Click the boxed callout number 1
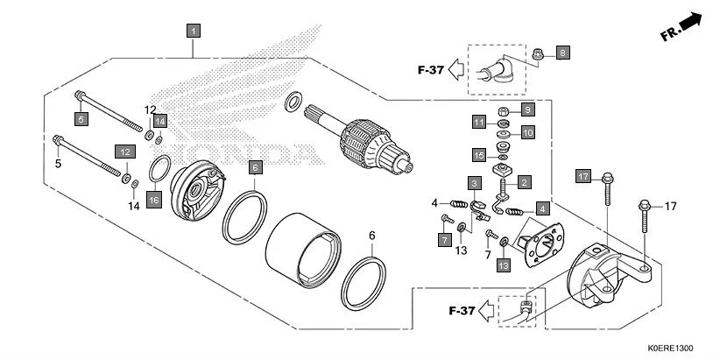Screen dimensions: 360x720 [x=194, y=31]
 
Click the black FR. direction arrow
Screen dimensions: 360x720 [x=692, y=22]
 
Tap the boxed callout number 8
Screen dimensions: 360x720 [x=562, y=53]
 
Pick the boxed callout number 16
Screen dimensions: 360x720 [x=154, y=201]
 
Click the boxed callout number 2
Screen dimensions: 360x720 [x=525, y=183]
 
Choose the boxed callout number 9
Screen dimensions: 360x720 [x=527, y=109]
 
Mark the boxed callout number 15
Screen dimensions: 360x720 [x=527, y=132]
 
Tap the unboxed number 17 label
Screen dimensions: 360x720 [x=671, y=207]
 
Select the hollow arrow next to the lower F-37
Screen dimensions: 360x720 [x=486, y=310]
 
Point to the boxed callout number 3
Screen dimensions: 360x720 [x=473, y=183]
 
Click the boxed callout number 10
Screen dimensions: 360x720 [x=527, y=132]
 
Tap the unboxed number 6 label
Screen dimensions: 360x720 [x=371, y=236]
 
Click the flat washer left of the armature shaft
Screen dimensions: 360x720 [x=295, y=102]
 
